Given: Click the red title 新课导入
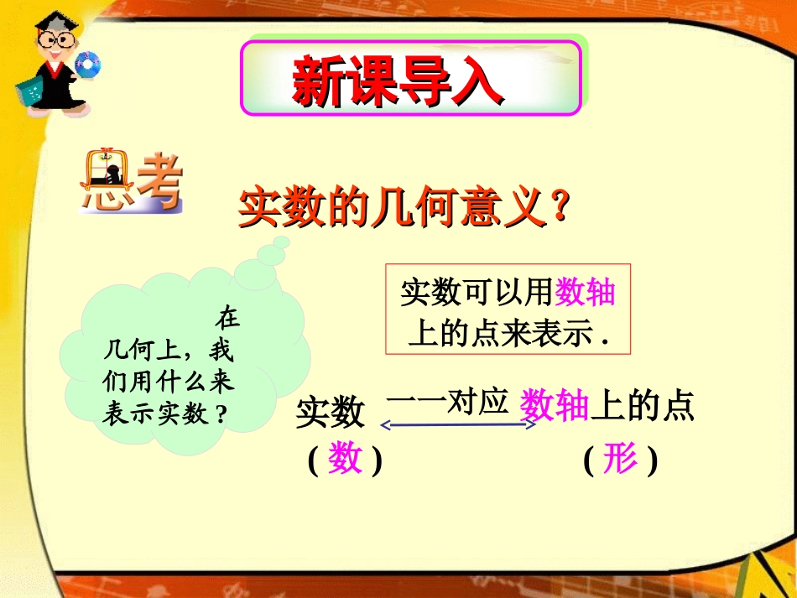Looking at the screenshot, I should [x=398, y=81].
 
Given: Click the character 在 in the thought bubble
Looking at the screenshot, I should [x=227, y=318].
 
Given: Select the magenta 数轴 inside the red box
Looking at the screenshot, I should [x=586, y=292].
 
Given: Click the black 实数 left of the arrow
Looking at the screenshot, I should [x=331, y=413].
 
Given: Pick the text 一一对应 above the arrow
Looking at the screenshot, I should [x=448, y=403].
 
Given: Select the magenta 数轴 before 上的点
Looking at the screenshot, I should [x=555, y=408].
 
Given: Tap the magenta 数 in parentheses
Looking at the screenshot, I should [x=345, y=459].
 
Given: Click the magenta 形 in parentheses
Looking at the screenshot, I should [x=620, y=459].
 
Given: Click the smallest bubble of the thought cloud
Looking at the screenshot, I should [x=283, y=242].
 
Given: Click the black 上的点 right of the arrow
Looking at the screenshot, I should [x=643, y=408].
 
